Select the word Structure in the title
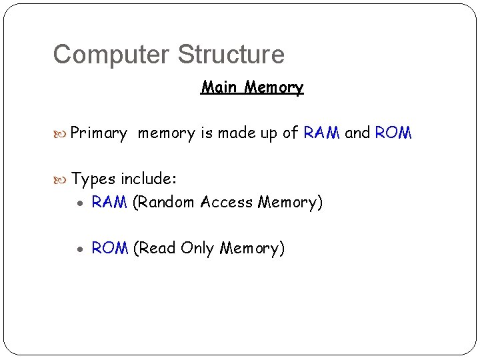pos(231,55)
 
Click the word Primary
pos(99,133)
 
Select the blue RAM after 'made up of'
pos(322,133)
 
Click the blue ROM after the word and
pos(393,133)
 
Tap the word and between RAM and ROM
pos(357,133)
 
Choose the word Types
pos(93,179)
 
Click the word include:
pos(148,179)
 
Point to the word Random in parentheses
pos(164,202)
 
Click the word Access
pos(227,202)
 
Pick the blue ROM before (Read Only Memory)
pos(110,249)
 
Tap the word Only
pos(197,249)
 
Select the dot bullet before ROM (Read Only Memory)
pos(80,249)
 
